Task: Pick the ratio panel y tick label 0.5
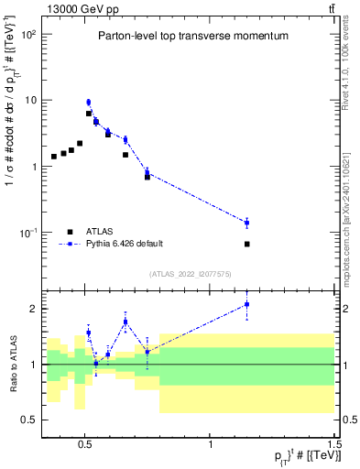coord(28,420)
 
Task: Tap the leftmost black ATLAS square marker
coord(54,157)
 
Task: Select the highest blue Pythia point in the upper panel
coord(89,103)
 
